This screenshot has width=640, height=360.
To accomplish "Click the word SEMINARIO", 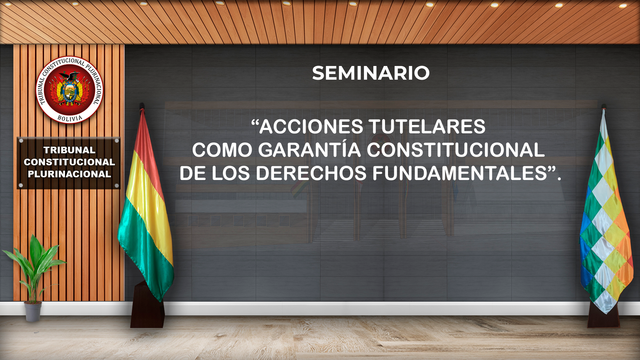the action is click(371, 73).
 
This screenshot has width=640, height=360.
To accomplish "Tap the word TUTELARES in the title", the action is click(427, 127).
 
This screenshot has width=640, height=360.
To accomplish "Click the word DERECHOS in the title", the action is click(311, 173).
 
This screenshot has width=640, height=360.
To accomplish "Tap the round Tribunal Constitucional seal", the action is click(69, 90).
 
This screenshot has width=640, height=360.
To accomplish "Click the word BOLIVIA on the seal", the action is click(70, 118).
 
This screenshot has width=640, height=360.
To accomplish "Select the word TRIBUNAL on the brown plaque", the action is click(69, 150).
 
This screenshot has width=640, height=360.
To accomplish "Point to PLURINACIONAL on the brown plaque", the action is click(69, 174).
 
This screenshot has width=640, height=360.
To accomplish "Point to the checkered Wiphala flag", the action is click(605, 213).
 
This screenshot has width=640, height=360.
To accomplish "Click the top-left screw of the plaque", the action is click(21, 141).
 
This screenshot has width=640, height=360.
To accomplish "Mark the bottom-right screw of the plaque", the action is click(117, 186).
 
